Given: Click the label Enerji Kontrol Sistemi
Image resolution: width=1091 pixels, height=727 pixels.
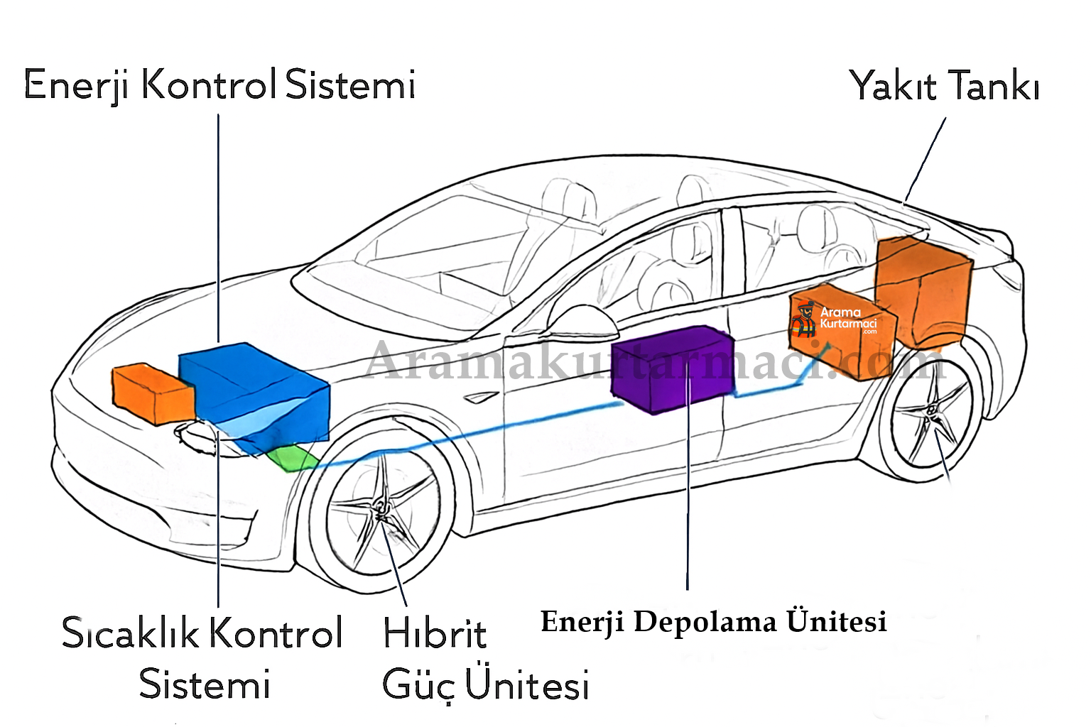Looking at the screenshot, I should pyautogui.click(x=219, y=85).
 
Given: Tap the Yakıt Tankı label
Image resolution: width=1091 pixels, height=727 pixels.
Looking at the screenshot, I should pyautogui.click(x=944, y=87).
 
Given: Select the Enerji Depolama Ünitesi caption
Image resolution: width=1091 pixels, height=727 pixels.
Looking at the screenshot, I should pyautogui.click(x=713, y=621).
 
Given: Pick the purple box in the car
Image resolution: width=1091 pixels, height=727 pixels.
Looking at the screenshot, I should pyautogui.click(x=671, y=369).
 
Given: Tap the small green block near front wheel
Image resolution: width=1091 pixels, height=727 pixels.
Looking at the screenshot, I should pyautogui.click(x=291, y=459).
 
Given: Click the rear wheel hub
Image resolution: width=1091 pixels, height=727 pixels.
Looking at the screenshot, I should pyautogui.click(x=931, y=412).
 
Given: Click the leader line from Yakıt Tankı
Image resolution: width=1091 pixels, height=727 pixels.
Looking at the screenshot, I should pyautogui.click(x=926, y=160).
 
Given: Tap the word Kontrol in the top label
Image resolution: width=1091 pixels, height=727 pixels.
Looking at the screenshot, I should pyautogui.click(x=208, y=85).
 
